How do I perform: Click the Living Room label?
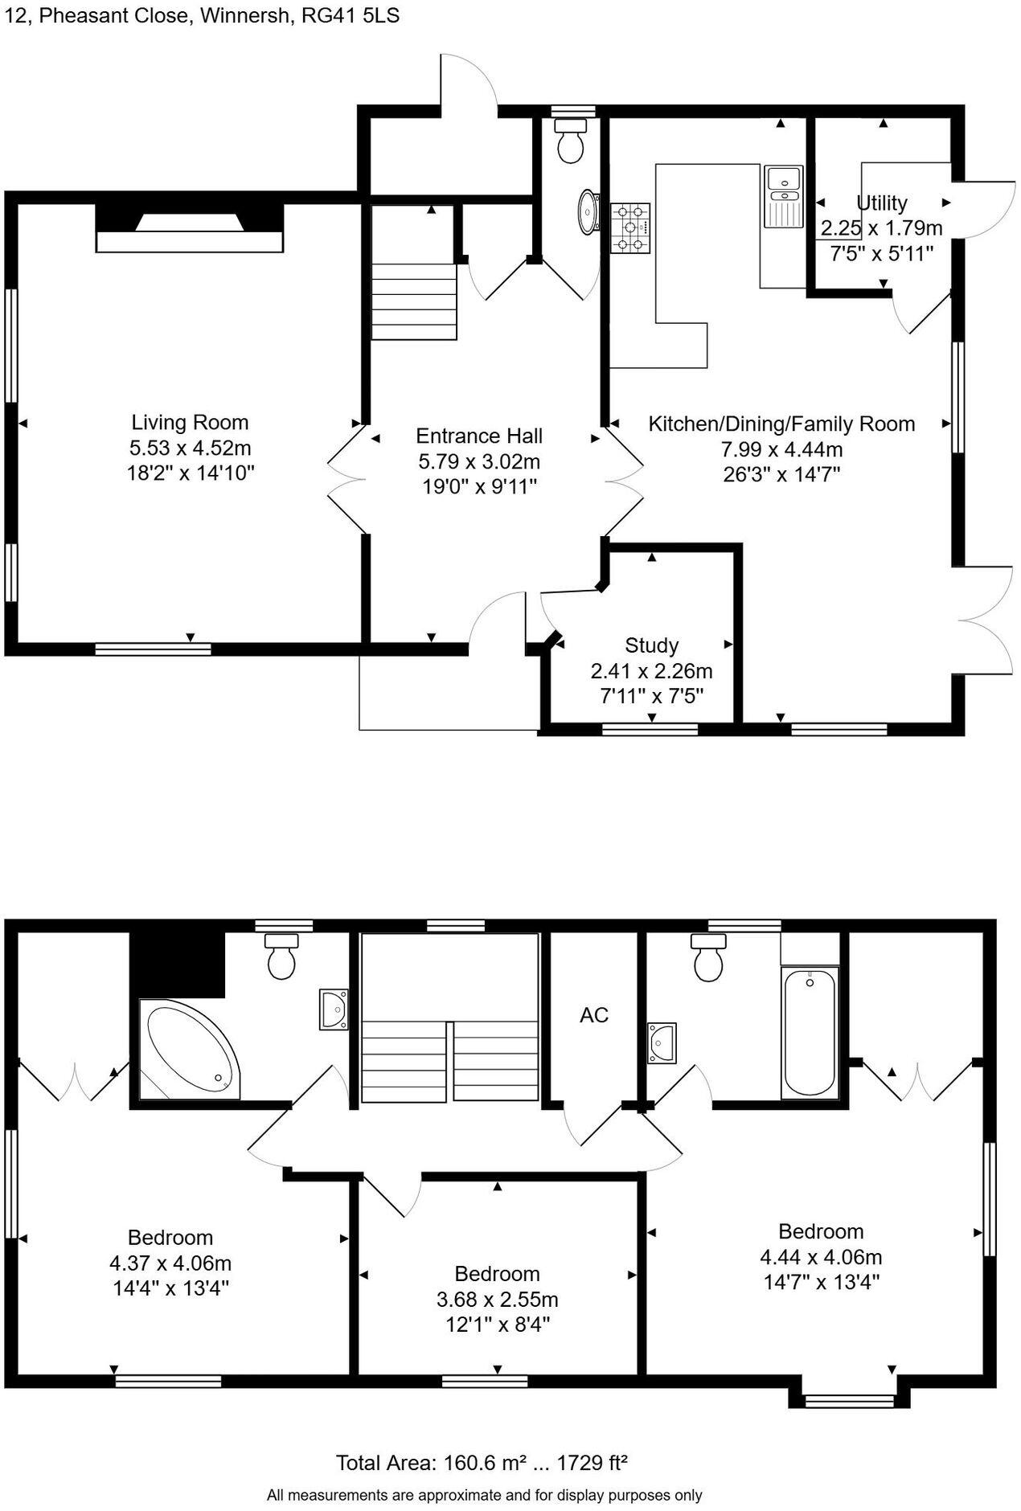point(190,422)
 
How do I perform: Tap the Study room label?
point(651,645)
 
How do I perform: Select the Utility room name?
point(882,203)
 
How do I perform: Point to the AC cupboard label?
point(594,1015)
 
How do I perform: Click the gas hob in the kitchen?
point(630,228)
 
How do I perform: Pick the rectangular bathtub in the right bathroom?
point(810,1033)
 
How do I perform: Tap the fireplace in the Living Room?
point(190,229)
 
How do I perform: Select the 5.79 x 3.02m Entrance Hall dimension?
point(478,461)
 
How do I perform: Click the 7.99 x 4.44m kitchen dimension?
point(781,449)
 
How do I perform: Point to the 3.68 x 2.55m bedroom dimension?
point(497,1300)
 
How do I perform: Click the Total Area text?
point(481,1464)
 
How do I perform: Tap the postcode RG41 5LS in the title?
point(350,16)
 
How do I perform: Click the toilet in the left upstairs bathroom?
point(281,956)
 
